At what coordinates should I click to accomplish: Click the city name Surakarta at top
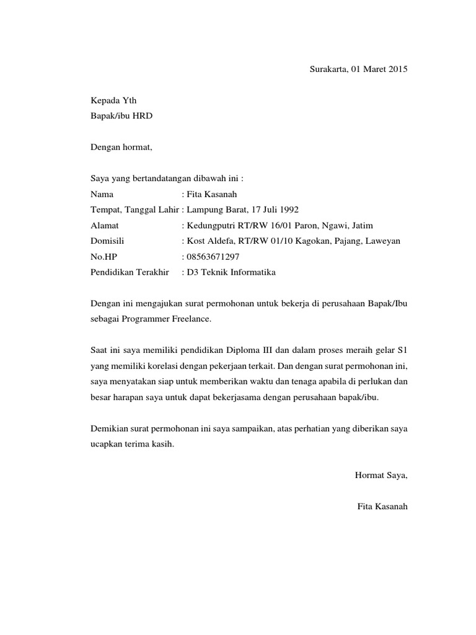coord(328,69)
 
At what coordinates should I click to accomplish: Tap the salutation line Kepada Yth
coord(110,100)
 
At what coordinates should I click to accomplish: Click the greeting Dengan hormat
coord(121,148)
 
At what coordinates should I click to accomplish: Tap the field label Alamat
coord(105,225)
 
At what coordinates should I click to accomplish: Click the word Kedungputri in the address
coord(211,225)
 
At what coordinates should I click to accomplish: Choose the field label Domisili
coord(108,241)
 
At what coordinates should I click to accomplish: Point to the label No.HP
coord(104,256)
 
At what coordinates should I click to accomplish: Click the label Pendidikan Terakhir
coord(130,272)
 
